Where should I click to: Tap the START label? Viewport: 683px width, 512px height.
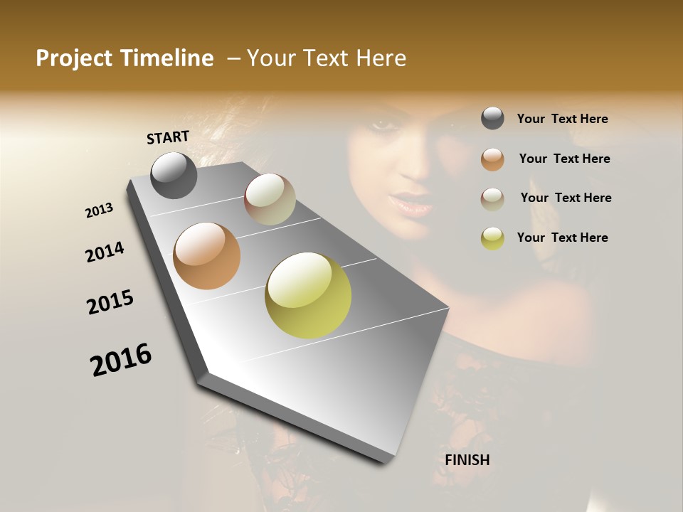(168, 137)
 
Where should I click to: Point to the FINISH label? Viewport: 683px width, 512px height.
(467, 460)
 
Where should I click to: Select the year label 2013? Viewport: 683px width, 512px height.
(100, 210)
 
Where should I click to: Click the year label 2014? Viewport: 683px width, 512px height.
(105, 252)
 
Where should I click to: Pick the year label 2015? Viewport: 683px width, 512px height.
(110, 302)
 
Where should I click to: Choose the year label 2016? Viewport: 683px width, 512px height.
(121, 359)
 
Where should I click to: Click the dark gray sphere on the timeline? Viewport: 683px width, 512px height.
(174, 175)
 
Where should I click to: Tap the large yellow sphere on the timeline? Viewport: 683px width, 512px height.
(308, 295)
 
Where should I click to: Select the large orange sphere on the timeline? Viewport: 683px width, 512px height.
(207, 256)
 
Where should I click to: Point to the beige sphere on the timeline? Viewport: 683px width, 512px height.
(270, 199)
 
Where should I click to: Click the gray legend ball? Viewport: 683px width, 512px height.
(492, 118)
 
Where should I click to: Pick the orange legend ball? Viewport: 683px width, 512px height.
(492, 159)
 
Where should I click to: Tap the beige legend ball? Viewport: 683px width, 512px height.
(492, 198)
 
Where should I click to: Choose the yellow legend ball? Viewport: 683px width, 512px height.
(492, 238)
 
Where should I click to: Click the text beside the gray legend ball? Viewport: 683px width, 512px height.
(562, 119)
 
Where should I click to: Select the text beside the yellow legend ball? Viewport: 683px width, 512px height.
(562, 238)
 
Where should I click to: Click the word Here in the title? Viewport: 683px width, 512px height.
(381, 58)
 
